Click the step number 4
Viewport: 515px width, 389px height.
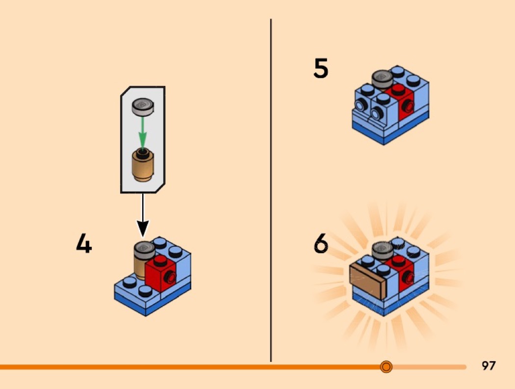[x=84, y=243]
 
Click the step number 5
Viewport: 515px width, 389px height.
[x=321, y=68]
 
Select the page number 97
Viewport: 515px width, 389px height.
[x=489, y=365]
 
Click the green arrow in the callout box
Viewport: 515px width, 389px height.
[x=142, y=133]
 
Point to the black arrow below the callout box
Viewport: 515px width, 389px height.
[x=143, y=215]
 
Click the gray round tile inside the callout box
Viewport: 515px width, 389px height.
[x=143, y=107]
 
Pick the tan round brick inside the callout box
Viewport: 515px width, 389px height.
[x=143, y=165]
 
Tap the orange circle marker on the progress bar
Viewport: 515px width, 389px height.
[x=386, y=366]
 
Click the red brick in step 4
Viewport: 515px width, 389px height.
[x=161, y=274]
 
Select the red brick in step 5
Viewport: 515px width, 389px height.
[x=400, y=102]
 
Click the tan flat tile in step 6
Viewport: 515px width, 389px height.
[x=367, y=281]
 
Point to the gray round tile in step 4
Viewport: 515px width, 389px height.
[x=145, y=250]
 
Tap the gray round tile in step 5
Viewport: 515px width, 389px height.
[x=382, y=79]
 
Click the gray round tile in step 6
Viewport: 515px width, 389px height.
[x=382, y=251]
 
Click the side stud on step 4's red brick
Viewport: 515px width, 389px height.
[x=171, y=278]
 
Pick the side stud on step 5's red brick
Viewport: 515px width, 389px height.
[x=409, y=106]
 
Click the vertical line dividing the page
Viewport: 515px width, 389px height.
[x=271, y=190]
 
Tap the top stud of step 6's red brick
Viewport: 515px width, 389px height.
[x=398, y=260]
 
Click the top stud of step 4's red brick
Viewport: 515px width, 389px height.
[x=160, y=260]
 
